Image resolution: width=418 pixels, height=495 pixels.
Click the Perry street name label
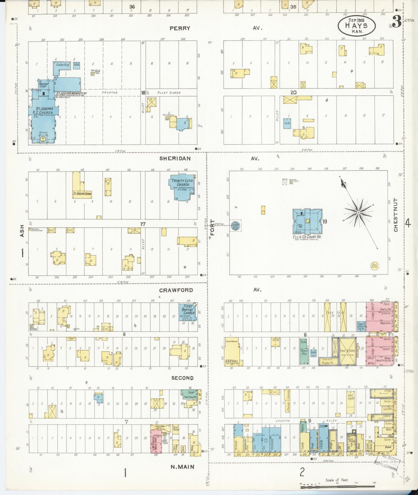point(180,28)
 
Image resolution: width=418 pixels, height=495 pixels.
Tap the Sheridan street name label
point(175,159)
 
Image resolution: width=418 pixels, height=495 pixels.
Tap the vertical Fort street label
point(212,227)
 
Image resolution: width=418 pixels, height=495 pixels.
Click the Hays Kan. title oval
point(356,25)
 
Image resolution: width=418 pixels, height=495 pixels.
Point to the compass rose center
point(358,213)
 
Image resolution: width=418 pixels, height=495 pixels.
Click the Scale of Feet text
point(337,480)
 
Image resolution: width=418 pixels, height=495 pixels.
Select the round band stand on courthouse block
point(375,266)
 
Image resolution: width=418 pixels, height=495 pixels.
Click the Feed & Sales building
point(347,350)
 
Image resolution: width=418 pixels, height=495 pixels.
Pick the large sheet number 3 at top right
point(396,22)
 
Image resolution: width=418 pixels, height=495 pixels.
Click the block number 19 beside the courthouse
point(325,222)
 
